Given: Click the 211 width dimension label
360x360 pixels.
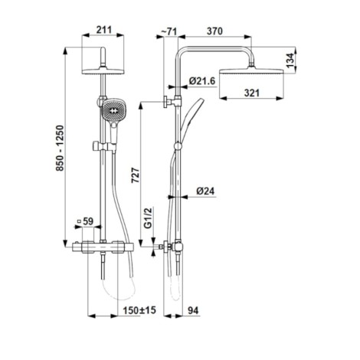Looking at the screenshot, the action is (x=104, y=30).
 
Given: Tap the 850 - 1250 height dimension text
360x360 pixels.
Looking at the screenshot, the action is (x=61, y=148).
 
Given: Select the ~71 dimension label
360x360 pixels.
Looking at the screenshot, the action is (x=169, y=31).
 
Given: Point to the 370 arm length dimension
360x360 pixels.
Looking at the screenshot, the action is (x=214, y=31).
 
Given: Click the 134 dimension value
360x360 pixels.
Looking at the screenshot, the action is (x=290, y=61).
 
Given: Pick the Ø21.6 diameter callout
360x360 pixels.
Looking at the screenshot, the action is (x=202, y=81).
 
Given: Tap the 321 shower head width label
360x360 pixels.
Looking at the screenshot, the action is (x=252, y=93).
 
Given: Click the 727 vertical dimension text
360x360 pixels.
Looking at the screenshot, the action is (x=136, y=175).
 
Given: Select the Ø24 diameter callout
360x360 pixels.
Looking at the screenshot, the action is (x=205, y=191).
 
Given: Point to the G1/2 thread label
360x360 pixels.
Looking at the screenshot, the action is (x=148, y=218).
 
